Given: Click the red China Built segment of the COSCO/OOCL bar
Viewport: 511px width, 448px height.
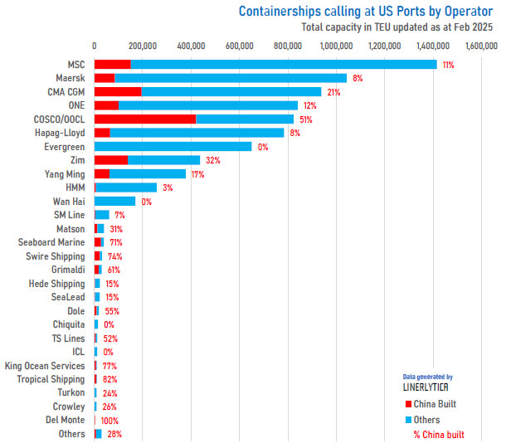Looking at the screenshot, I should (144, 119).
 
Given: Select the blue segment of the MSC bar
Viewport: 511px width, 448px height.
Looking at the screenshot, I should (282, 64).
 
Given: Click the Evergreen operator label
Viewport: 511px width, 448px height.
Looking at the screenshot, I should (64, 146).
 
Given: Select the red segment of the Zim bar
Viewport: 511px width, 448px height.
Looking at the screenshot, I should (110, 160).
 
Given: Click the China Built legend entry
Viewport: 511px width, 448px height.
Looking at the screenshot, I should (435, 404).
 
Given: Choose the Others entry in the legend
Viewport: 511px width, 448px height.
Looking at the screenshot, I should (428, 419).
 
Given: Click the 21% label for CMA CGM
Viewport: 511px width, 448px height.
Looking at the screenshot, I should (333, 91).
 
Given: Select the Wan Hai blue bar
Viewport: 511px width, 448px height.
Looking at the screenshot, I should (114, 201).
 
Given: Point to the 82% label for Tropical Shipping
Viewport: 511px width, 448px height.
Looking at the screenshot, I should (109, 379).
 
